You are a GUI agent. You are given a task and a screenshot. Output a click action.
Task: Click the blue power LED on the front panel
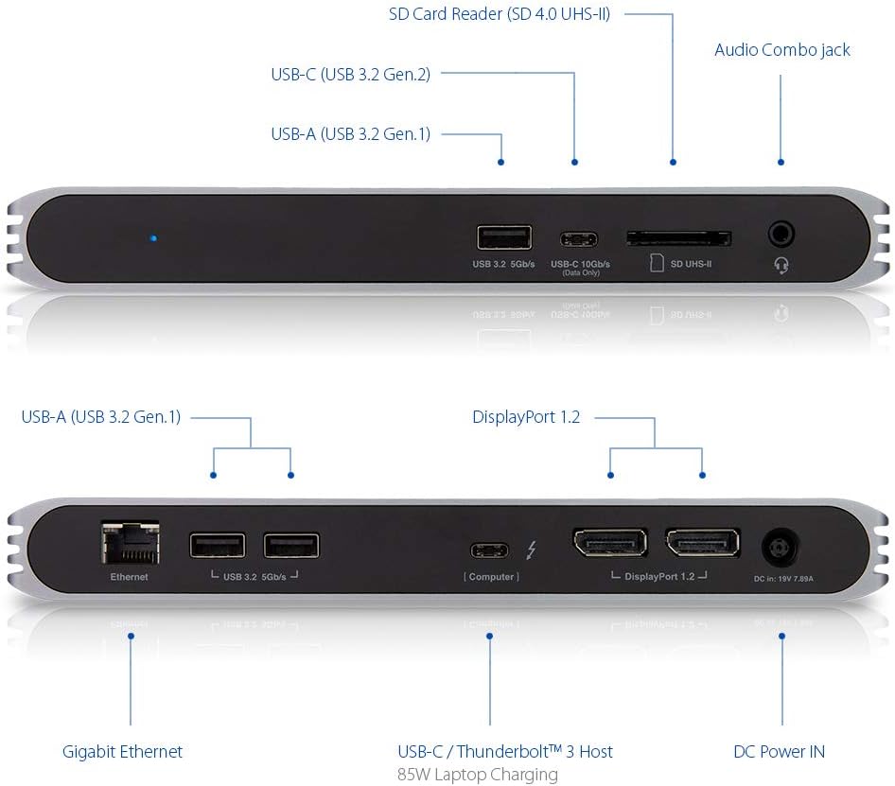click(x=154, y=238)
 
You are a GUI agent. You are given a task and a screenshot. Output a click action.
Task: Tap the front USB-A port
click(x=504, y=237)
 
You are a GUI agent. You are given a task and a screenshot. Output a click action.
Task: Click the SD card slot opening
click(x=678, y=237)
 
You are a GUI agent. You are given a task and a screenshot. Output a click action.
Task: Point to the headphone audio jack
click(x=781, y=234)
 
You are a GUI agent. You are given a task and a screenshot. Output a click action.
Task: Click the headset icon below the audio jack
click(x=781, y=266)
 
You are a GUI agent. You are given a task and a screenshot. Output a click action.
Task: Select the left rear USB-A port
click(x=217, y=546)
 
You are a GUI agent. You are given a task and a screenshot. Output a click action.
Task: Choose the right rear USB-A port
click(x=291, y=546)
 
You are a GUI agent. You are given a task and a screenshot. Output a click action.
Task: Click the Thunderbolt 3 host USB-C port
click(x=491, y=550)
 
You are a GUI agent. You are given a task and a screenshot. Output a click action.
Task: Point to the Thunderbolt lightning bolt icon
click(x=532, y=550)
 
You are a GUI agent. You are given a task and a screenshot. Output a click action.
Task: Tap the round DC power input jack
click(x=781, y=548)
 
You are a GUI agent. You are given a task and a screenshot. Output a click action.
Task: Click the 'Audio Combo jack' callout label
click(x=781, y=50)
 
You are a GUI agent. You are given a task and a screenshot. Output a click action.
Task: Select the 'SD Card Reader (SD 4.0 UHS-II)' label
click(x=500, y=15)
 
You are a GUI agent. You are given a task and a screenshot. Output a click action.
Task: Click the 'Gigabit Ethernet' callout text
click(x=122, y=752)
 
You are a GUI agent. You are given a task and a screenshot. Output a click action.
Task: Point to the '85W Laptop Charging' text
click(x=478, y=775)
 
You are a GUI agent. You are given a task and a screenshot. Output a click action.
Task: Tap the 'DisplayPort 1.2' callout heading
click(x=526, y=417)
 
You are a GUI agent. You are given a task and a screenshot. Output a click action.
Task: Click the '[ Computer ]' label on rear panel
click(x=491, y=576)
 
